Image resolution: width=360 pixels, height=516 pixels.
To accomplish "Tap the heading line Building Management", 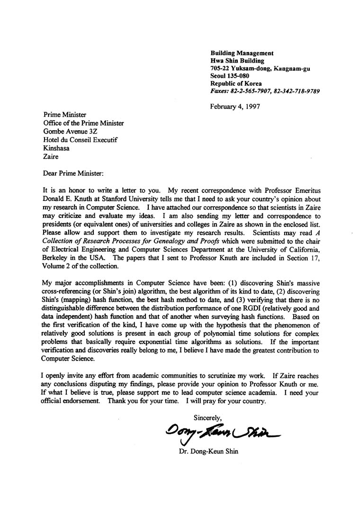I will coord(242,53).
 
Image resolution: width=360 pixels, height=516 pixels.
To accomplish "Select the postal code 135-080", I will coord(239,76).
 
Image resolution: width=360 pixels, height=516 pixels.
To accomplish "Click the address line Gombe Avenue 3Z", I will coord(71,131).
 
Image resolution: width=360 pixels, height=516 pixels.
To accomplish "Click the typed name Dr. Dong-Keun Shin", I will coord(208,452).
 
